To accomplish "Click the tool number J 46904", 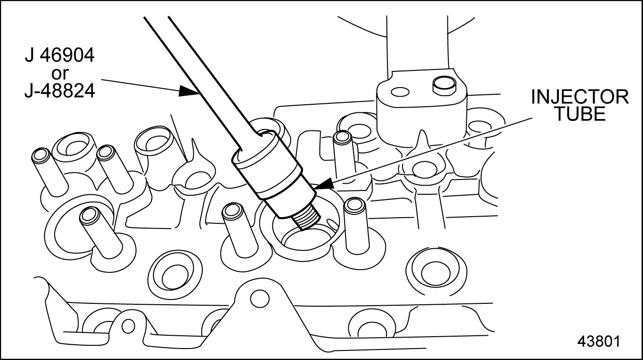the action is [59, 55].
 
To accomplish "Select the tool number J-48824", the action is [59, 91].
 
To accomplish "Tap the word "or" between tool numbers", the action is [60, 73].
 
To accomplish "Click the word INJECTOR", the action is [580, 97].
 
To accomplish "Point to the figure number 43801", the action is [599, 341].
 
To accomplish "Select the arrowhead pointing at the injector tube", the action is [323, 184].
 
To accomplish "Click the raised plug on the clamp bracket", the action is [444, 85].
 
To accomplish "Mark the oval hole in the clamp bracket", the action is [400, 92].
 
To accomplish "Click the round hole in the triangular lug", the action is [260, 298].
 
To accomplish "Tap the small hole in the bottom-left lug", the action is [128, 326].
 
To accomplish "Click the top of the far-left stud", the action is [41, 155].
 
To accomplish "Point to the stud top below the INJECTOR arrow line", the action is [342, 138].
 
